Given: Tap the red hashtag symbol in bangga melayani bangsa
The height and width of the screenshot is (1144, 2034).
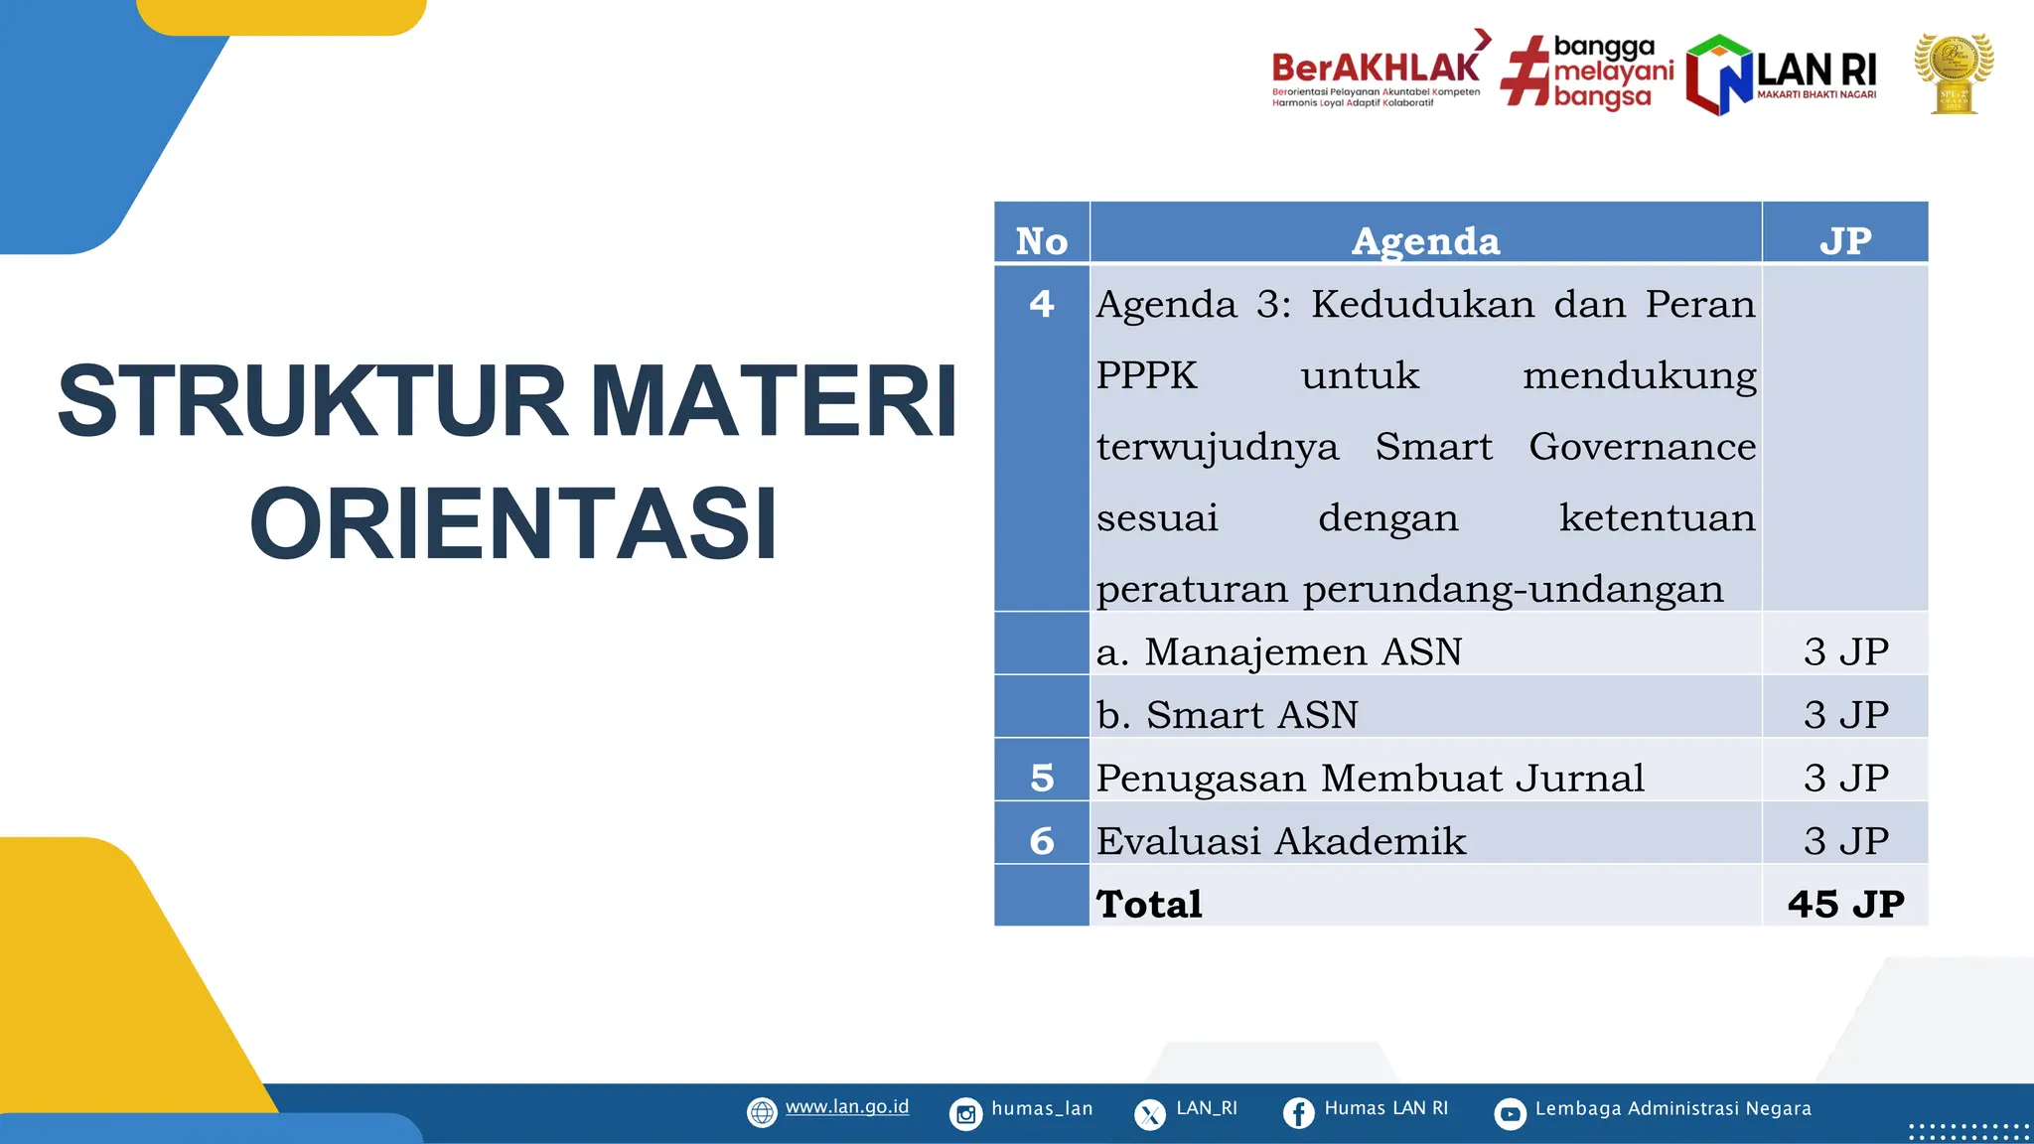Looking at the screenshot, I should coord(1525,71).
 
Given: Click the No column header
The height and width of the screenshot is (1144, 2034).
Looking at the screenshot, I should coord(1041,241).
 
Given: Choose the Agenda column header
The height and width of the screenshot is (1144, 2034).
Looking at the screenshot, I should coord(1425,241).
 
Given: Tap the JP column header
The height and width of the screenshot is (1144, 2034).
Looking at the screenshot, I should coord(1845,241).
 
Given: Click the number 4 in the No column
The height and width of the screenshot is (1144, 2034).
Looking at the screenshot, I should coord(1041,304).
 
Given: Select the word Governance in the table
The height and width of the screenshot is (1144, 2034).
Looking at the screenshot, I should coord(1642,447).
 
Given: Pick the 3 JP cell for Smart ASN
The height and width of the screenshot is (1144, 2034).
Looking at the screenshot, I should coord(1845,715).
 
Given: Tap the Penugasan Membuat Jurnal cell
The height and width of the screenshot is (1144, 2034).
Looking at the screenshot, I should coord(1370,779).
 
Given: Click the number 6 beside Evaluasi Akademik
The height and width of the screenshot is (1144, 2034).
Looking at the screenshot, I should coord(1041,841).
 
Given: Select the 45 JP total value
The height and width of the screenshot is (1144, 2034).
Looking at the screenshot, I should coord(1845,904).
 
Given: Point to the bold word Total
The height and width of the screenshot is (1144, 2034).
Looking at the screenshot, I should coord(1149,904).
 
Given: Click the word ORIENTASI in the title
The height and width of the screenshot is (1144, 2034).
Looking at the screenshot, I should coord(512,524).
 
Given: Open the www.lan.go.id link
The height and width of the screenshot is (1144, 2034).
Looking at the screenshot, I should coord(846,1107).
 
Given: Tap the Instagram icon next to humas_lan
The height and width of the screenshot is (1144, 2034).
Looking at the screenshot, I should coord(965,1113).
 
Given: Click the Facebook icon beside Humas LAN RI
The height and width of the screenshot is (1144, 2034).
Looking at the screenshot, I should coord(1298,1113).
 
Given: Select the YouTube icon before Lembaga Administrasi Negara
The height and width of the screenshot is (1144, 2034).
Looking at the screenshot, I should coord(1510,1113).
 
